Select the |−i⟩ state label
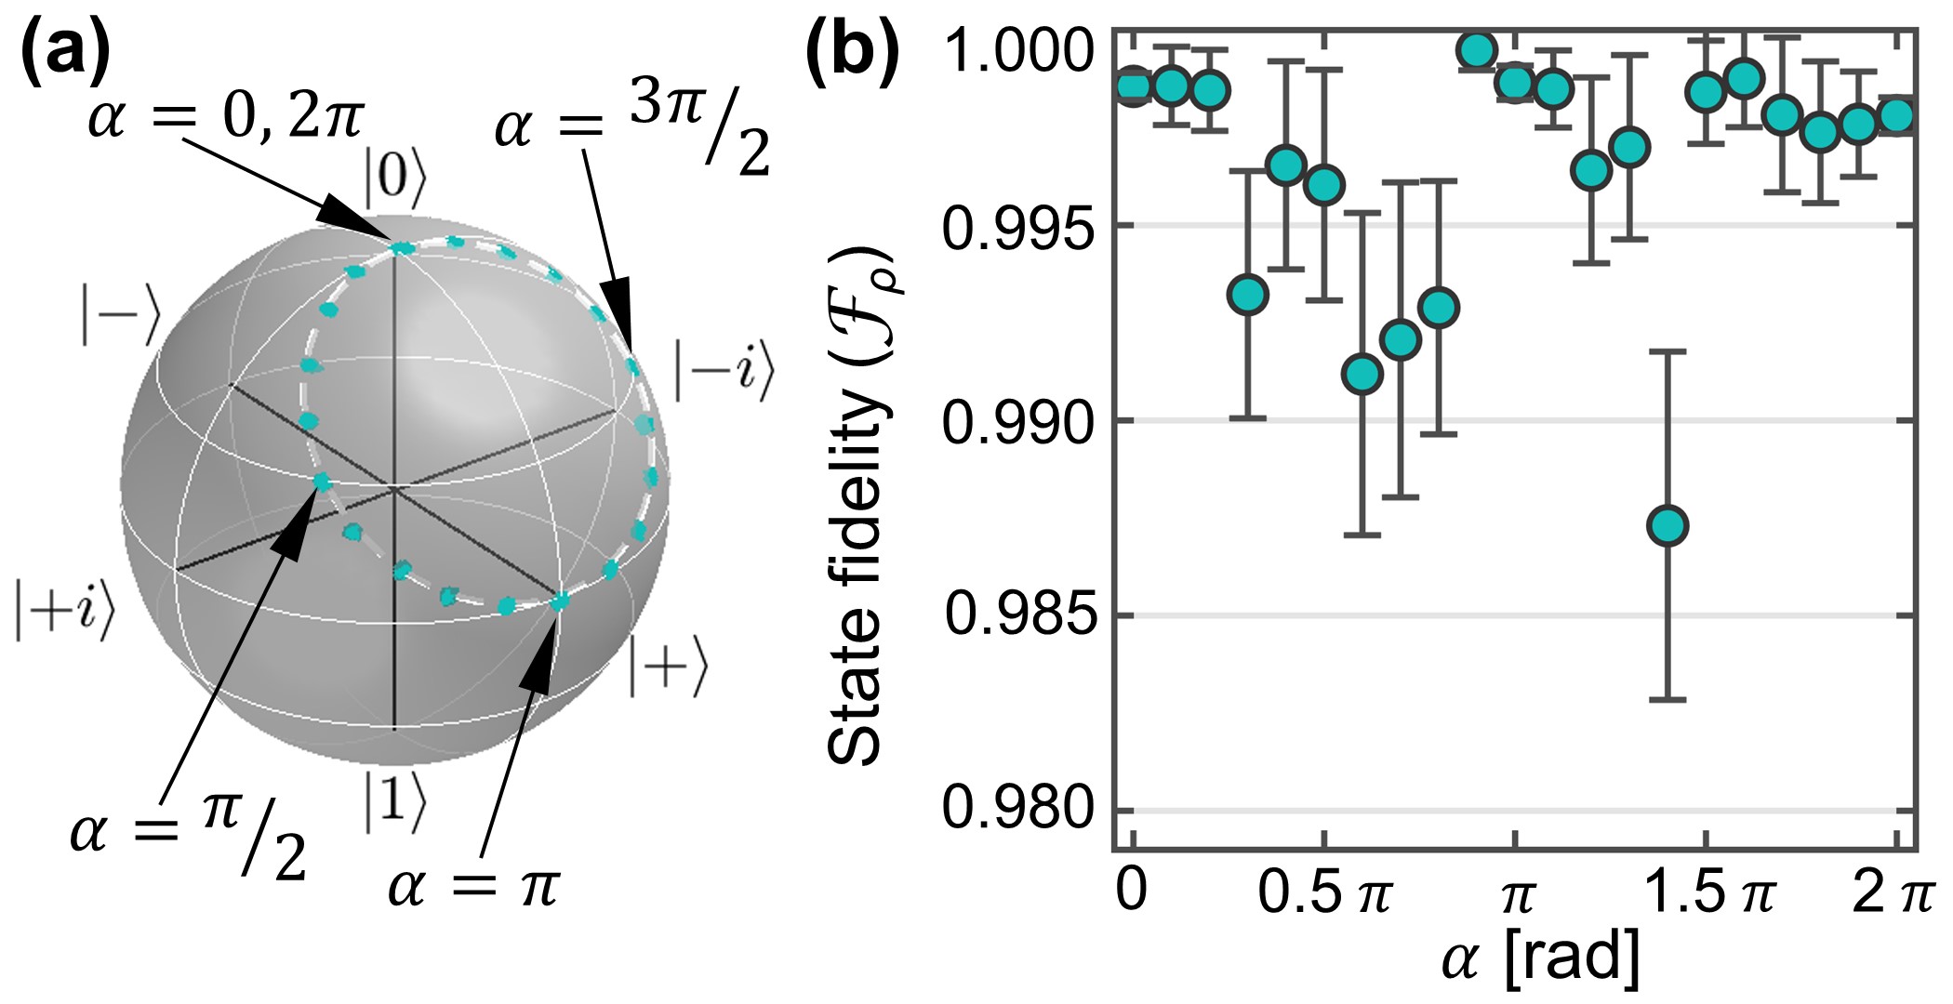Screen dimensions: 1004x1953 (724, 371)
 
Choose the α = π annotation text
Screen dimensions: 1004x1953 (474, 884)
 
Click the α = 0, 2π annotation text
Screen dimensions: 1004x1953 (226, 118)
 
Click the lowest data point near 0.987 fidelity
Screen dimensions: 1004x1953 (1667, 526)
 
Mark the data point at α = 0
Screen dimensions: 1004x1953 (1133, 86)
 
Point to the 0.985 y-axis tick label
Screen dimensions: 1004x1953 (1021, 614)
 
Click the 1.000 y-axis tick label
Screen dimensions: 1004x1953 (1021, 51)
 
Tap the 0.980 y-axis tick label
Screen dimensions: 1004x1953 (1021, 809)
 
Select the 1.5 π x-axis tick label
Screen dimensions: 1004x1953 (1709, 892)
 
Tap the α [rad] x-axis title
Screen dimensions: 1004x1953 (1539, 958)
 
